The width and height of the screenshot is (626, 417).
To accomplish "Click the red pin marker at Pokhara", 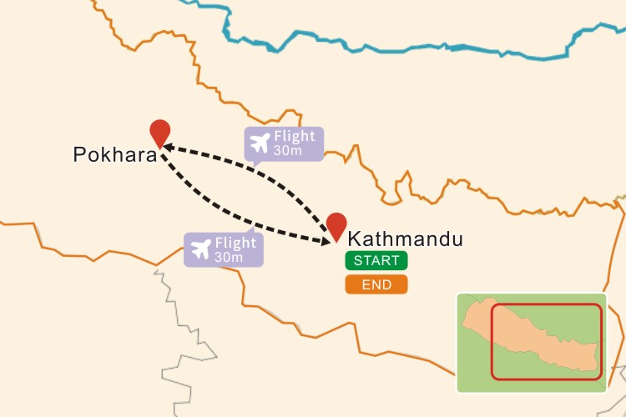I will pos(159,132).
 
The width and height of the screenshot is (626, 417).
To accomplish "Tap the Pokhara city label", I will pos(115,155).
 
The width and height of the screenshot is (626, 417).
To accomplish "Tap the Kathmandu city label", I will pos(405,240).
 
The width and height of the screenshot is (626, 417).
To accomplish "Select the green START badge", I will pos(376,260).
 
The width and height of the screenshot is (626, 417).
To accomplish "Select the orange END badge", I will pos(376,284).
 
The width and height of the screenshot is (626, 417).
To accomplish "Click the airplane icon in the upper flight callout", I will pos(260,143).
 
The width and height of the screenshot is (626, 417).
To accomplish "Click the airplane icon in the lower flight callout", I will pos(201,249).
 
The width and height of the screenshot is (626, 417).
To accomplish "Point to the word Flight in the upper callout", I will pos(295,137).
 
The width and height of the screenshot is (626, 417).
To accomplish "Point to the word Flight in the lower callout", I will pos(235,244).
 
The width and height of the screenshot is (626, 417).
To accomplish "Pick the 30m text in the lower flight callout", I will pos(228,257).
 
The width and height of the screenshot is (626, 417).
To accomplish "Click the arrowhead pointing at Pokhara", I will pos(168,147).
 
